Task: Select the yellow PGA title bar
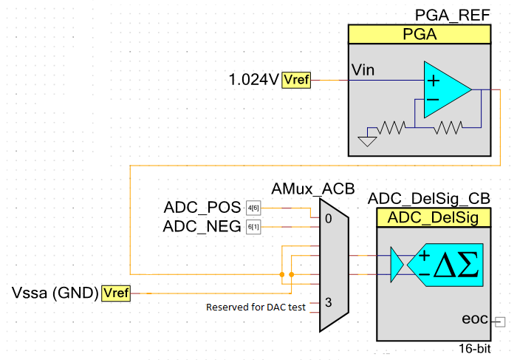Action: pyautogui.click(x=420, y=34)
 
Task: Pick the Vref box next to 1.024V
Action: pyautogui.click(x=296, y=80)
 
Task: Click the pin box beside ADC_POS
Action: pyautogui.click(x=253, y=208)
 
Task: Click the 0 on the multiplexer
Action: pyautogui.click(x=327, y=219)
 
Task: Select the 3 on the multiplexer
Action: pyautogui.click(x=327, y=302)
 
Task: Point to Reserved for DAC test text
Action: pyautogui.click(x=256, y=307)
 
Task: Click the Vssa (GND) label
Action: pyautogui.click(x=56, y=293)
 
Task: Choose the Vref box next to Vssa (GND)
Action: pyautogui.click(x=115, y=293)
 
